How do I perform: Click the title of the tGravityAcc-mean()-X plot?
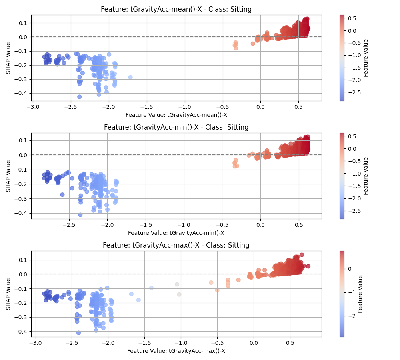pos(176,9)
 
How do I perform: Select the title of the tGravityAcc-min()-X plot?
pos(176,127)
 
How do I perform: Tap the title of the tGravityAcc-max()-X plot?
pos(176,245)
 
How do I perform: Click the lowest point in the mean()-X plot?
pos(79,97)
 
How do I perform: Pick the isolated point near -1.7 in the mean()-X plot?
pos(130,77)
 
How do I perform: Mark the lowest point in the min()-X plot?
pos(80,215)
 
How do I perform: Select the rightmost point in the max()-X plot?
pos(308,266)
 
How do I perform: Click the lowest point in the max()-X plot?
pos(78,333)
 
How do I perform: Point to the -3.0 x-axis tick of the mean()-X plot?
pos(34,107)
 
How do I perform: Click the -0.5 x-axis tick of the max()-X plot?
pos(217,343)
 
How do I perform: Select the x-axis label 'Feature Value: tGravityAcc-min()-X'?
pos(176,233)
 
